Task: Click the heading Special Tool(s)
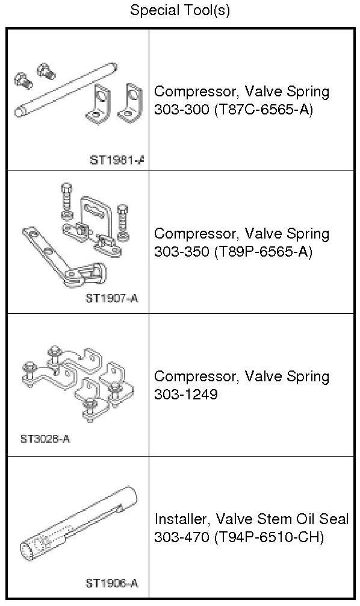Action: point(179,10)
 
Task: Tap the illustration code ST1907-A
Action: point(111,298)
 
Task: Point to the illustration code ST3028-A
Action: point(45,439)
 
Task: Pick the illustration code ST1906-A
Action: point(111,583)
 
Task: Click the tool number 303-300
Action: point(181,110)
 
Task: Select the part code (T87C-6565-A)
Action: point(262,110)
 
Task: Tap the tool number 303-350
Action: point(181,252)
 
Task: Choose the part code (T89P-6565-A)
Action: point(262,252)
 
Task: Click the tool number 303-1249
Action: point(186,394)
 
